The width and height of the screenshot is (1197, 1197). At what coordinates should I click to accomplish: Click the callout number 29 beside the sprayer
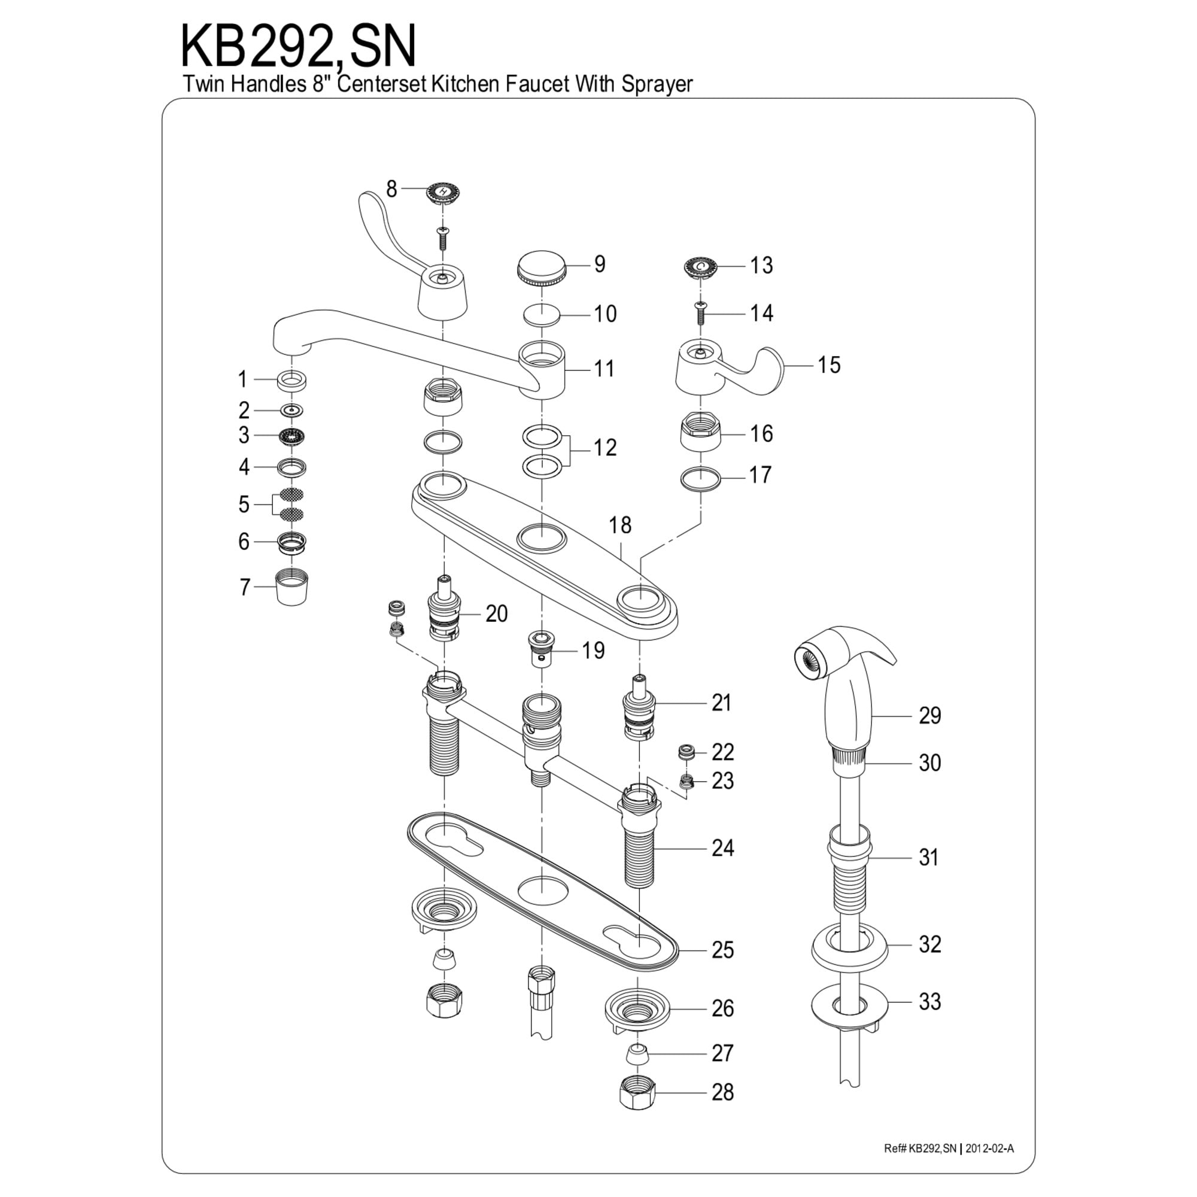tap(929, 715)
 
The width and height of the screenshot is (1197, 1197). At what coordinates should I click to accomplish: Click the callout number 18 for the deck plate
tap(619, 525)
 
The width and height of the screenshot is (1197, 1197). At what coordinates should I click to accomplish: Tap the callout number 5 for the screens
tap(244, 505)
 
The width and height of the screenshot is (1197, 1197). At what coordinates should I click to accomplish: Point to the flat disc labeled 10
tap(542, 315)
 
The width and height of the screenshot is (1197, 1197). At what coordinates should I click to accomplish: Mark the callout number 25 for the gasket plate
tap(722, 949)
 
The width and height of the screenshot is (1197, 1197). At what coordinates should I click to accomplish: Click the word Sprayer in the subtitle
tap(657, 84)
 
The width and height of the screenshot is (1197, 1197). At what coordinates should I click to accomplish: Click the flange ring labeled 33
tap(849, 1002)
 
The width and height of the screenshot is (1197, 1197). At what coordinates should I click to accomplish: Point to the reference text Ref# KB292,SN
tap(920, 1148)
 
